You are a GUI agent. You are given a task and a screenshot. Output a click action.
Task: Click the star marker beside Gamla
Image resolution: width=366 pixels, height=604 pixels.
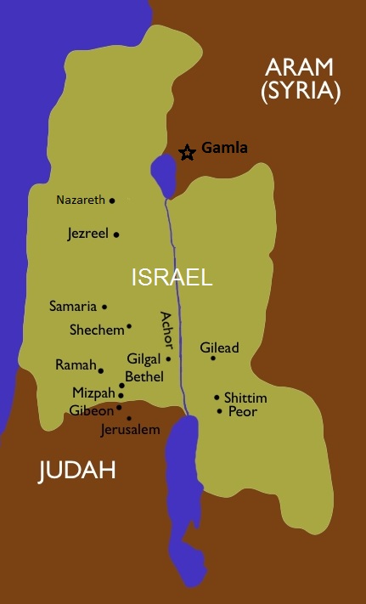point(187,152)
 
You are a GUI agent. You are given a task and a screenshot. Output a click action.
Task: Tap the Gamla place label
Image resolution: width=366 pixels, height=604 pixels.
point(224,149)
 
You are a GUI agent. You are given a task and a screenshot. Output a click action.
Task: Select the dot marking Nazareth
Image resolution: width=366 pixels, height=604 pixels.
point(112,200)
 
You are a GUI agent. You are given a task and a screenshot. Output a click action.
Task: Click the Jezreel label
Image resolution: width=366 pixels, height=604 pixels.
point(87,234)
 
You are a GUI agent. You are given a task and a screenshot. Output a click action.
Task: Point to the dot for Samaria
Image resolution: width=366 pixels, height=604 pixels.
point(104,307)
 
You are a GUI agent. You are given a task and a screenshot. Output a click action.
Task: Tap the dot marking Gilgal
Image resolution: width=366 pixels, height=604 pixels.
point(168,358)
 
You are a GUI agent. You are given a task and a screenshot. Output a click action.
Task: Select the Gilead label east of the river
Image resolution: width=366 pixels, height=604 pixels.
point(219,347)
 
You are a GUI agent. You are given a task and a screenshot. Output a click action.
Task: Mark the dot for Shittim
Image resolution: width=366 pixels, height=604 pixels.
point(217,397)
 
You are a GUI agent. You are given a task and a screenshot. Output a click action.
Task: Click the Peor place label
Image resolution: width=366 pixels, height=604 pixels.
point(242,412)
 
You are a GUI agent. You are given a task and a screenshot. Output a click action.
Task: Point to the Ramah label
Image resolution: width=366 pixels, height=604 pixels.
point(74,365)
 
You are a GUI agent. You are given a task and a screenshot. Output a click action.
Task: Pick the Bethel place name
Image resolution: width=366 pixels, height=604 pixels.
point(144,375)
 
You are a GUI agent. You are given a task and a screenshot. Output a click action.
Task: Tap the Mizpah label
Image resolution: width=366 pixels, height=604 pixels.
point(93,392)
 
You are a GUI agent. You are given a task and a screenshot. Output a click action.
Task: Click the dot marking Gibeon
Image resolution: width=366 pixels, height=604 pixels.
point(119,407)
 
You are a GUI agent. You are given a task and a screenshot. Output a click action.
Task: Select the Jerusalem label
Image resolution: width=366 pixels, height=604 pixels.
point(130,430)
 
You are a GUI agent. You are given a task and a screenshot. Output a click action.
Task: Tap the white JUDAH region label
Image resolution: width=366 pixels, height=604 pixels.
point(76,471)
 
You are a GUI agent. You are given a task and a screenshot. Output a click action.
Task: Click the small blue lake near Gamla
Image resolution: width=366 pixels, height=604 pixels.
point(162,173)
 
